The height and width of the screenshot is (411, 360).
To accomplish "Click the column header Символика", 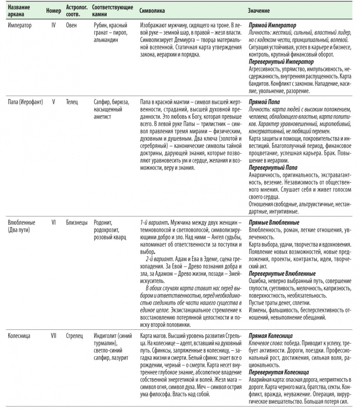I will pos(153,10).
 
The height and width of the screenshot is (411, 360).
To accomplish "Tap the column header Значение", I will pos(259,10).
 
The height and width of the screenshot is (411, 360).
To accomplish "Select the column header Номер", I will pos(54,10).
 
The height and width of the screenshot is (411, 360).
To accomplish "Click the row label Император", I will pos(20,26).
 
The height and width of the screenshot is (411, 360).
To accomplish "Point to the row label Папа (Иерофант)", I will pos(26,102).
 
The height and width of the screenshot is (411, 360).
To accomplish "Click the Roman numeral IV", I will pos(53,26).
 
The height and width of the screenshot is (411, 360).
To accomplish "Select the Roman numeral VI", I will pos(53,222).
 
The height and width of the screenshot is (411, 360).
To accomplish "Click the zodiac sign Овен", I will pos(72,26).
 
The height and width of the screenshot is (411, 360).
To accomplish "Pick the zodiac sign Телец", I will pos(73,102).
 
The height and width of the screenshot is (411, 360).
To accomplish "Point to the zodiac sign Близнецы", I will pos(77,222).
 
